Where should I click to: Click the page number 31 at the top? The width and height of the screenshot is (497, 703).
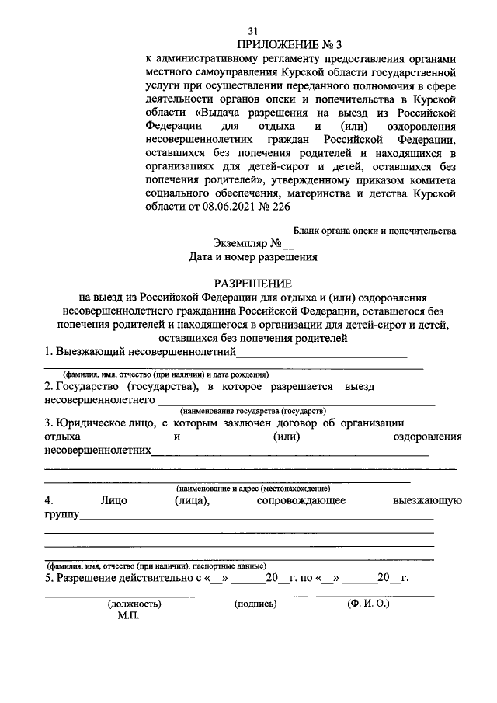pyautogui.click(x=252, y=30)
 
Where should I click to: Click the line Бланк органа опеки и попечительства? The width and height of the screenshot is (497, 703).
pyautogui.click(x=374, y=230)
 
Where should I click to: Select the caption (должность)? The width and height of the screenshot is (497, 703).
pyautogui.click(x=134, y=603)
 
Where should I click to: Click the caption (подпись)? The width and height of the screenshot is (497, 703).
pyautogui.click(x=253, y=603)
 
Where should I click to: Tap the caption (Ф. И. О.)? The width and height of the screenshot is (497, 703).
pyautogui.click(x=369, y=603)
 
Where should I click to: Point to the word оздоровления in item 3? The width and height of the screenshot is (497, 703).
pyautogui.click(x=427, y=437)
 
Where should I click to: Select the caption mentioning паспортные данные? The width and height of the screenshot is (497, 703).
pyautogui.click(x=155, y=566)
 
